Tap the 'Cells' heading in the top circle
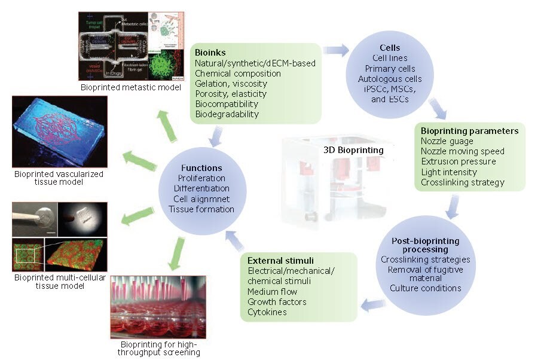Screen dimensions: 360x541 [389, 48]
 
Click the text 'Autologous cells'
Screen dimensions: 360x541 [390, 79]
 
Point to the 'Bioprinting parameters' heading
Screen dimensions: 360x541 [469, 131]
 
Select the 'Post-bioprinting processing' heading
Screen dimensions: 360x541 [425, 245]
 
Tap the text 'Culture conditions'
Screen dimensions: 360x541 [425, 288]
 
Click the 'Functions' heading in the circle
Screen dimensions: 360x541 [204, 168]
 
